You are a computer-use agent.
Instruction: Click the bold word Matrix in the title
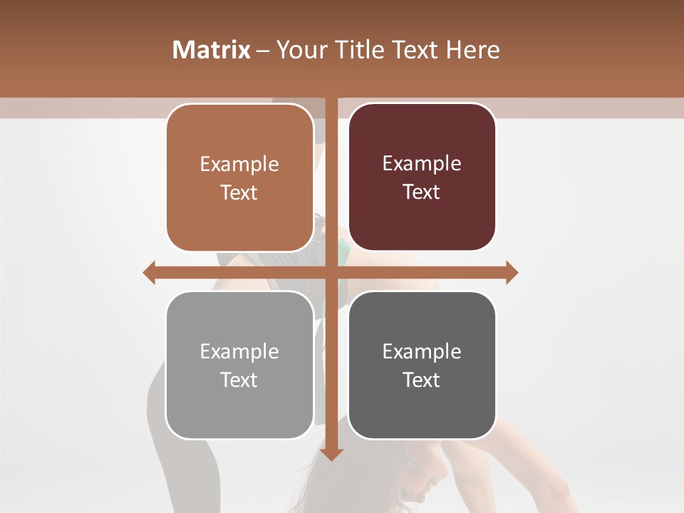click(x=211, y=50)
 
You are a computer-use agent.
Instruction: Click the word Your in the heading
click(x=301, y=50)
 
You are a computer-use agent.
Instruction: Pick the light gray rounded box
click(x=239, y=406)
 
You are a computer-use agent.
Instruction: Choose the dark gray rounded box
click(x=422, y=406)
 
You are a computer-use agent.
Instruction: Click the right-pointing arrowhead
click(x=512, y=272)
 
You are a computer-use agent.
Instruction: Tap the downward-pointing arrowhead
click(x=331, y=455)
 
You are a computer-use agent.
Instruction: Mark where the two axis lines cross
click(x=331, y=272)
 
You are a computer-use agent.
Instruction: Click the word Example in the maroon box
click(x=422, y=164)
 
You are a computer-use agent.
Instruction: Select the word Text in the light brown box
click(x=239, y=193)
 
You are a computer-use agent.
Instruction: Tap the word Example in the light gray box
click(x=239, y=351)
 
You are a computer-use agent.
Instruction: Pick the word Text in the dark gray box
click(x=422, y=380)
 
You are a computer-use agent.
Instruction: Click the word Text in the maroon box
click(x=422, y=192)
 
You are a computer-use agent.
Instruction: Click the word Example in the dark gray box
click(x=422, y=351)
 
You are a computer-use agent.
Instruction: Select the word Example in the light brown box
click(x=239, y=165)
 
